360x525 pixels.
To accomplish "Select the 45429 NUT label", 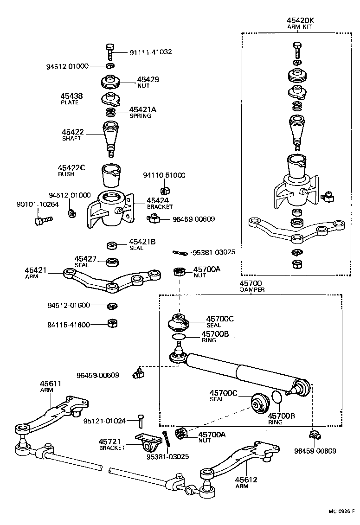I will [x=148, y=82].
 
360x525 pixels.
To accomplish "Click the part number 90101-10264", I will [x=38, y=204].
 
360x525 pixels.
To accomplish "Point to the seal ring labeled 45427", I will [x=112, y=262].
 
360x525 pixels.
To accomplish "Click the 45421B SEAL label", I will [x=141, y=244].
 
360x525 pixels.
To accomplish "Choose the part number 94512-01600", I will [x=68, y=306].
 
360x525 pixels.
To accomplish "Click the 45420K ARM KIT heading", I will [x=301, y=23].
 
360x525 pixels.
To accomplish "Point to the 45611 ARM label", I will [x=50, y=386].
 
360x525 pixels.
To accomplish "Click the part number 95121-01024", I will [x=104, y=421].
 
